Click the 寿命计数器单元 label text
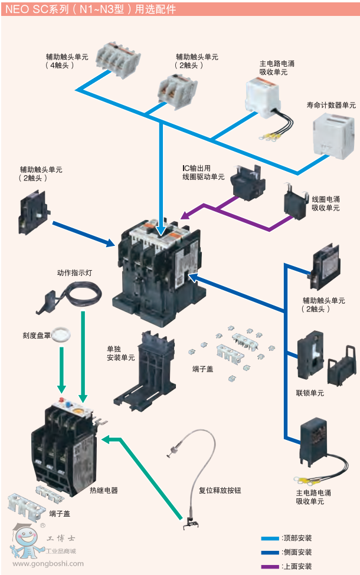click(x=331, y=105)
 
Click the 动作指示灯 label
click(x=74, y=272)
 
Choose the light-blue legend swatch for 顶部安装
click(x=270, y=538)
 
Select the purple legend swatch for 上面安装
click(x=270, y=566)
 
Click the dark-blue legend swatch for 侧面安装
click(x=270, y=552)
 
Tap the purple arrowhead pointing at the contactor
click(x=185, y=215)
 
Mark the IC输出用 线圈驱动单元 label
click(x=203, y=172)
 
